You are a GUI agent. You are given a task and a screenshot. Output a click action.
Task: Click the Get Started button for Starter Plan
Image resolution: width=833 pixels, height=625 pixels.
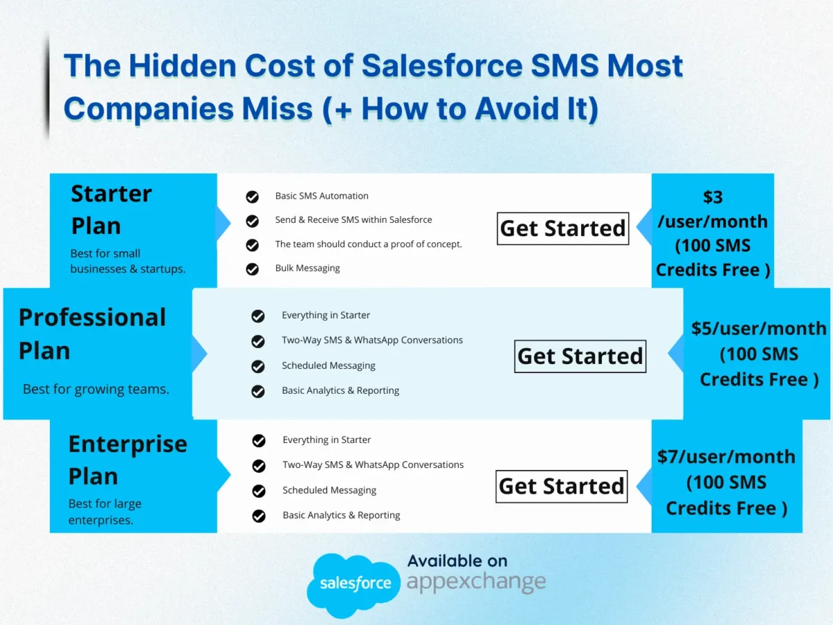tap(563, 228)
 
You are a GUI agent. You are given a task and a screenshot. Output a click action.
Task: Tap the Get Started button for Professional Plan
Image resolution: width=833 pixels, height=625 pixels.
tap(580, 356)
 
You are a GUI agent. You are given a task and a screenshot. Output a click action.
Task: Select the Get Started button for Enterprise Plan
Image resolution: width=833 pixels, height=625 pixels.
tap(562, 487)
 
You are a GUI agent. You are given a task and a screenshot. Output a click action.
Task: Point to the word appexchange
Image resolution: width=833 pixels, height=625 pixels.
tap(476, 581)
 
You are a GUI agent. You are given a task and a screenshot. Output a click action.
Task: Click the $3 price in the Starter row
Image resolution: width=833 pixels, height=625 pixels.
tap(713, 197)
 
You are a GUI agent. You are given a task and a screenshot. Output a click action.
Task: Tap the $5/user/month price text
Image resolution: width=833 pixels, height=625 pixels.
tap(759, 328)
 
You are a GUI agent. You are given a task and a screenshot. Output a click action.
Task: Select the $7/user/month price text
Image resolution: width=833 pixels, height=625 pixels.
tap(726, 456)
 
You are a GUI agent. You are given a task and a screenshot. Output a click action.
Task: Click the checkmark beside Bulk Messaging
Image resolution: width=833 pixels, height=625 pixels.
tap(253, 269)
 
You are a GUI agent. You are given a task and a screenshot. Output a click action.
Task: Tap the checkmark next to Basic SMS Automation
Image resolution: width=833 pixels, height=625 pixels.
tap(253, 197)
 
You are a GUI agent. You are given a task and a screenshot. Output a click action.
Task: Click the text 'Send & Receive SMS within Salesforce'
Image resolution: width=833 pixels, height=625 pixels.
tap(353, 219)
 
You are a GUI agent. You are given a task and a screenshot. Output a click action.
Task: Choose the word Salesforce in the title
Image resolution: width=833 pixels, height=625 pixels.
tap(442, 66)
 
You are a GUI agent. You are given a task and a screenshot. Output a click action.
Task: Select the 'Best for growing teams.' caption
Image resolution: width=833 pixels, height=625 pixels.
tap(96, 390)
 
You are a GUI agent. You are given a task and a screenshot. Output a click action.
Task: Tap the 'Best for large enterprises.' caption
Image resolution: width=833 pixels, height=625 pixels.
tap(105, 512)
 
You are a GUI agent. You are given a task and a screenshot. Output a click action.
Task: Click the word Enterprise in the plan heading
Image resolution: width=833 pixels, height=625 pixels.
tap(128, 444)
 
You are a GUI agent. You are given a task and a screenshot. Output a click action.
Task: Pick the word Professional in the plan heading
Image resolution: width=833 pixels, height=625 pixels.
tap(92, 317)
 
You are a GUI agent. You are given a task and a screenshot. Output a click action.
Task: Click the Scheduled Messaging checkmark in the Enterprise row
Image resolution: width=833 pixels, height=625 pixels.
tap(259, 491)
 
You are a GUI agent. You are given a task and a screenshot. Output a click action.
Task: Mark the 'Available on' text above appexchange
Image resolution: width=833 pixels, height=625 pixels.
tap(457, 561)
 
